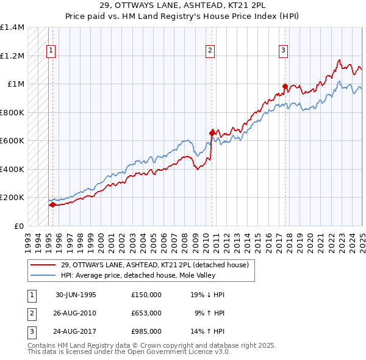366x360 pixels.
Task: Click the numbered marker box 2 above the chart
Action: (210, 51)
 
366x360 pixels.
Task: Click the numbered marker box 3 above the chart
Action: (284, 51)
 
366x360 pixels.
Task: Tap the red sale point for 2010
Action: (212, 132)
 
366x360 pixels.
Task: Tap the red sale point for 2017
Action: (285, 86)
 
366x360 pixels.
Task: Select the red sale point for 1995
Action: (52, 205)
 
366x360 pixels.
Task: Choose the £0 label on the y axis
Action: (18, 226)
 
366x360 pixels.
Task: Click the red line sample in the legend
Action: (43, 265)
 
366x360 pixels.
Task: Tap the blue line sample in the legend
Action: (43, 276)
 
